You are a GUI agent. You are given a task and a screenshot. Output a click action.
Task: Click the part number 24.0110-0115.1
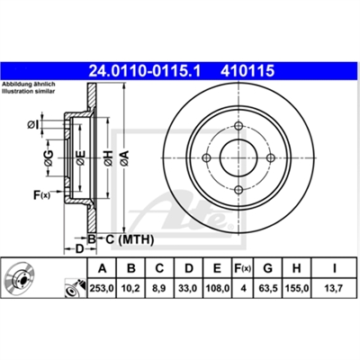(144, 71)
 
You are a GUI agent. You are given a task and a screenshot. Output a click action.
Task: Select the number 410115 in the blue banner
(247, 71)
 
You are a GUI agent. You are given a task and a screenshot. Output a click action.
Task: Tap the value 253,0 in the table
(102, 288)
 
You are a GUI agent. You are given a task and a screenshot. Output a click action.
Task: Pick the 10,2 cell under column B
(130, 288)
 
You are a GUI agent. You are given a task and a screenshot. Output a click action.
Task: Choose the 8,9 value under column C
(159, 288)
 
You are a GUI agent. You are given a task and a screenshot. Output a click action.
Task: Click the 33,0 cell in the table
(188, 288)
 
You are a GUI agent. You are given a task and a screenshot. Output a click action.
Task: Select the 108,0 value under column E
(217, 288)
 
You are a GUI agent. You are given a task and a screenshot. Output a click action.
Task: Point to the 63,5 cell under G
(267, 288)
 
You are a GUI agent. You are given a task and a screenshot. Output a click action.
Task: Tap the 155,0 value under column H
(296, 288)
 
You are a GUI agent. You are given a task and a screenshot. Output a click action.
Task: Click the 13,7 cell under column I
(334, 288)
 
